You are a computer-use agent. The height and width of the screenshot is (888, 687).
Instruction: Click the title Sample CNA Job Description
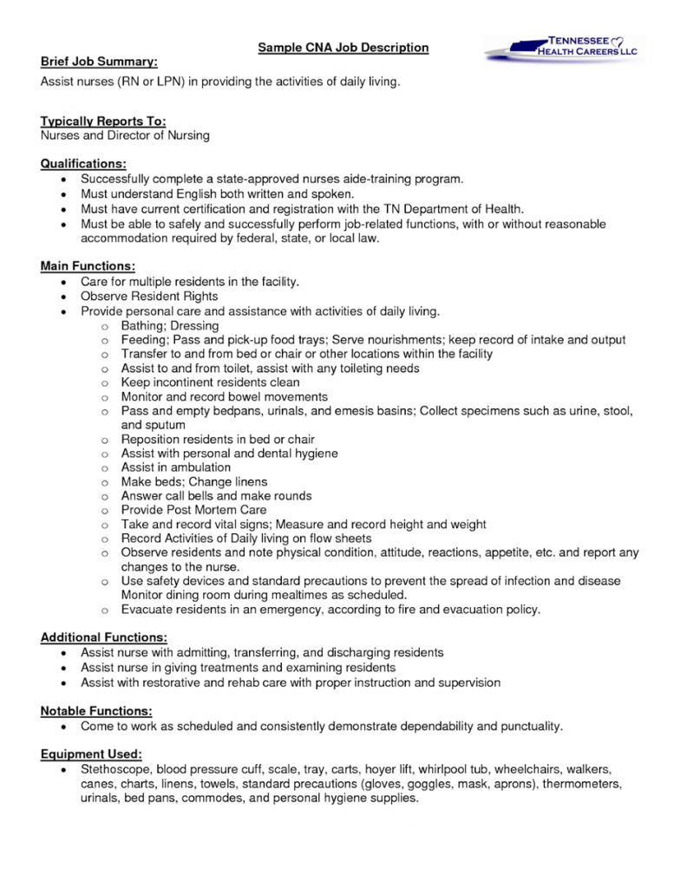[x=343, y=47]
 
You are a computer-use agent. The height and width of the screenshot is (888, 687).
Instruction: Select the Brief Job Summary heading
[x=100, y=62]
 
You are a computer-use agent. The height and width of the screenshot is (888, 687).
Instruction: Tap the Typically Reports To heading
[x=103, y=121]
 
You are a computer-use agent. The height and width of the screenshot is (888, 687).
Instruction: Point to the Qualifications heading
[x=83, y=163]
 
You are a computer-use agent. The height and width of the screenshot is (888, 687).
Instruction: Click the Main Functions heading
[x=88, y=267]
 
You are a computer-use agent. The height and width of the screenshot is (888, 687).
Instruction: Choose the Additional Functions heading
[x=104, y=637]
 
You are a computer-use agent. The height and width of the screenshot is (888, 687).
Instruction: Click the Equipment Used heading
[x=91, y=754]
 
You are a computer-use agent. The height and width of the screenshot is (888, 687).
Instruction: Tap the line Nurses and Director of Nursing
[x=125, y=135]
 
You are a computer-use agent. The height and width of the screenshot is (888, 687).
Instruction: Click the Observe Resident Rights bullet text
[x=149, y=297]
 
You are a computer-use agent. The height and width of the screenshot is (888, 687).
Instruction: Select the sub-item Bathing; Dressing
[x=170, y=325]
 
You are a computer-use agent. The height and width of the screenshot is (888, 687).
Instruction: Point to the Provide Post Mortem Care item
[x=193, y=510]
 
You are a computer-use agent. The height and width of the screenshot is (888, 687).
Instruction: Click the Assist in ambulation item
[x=176, y=467]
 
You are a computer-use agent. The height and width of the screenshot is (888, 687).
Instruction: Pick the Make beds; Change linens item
[x=194, y=481]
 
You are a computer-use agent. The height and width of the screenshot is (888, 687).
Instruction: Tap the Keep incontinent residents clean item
[x=210, y=382]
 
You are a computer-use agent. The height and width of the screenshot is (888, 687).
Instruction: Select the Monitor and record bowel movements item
[x=224, y=396]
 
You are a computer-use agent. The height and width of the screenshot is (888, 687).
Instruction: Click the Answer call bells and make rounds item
[x=216, y=496]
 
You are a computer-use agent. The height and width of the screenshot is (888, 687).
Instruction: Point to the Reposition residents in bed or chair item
[x=218, y=440]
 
